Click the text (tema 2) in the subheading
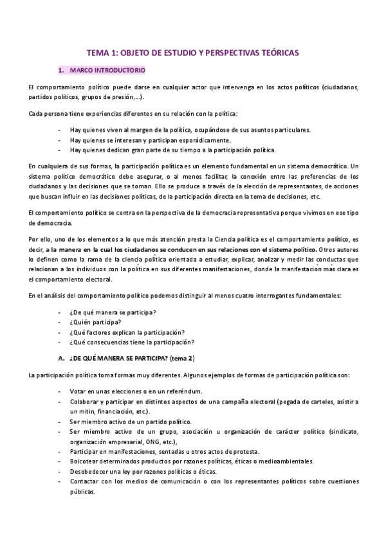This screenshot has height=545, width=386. (x=182, y=357)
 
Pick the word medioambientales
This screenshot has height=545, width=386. (x=286, y=461)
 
